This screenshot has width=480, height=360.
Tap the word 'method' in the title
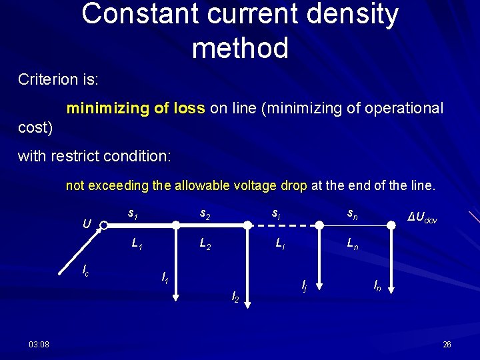click(240, 48)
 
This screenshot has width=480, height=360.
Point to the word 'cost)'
click(35, 126)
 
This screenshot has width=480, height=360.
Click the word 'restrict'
click(81, 157)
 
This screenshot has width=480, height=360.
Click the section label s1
click(133, 214)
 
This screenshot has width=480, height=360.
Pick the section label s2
click(205, 214)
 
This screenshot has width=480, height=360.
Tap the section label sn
click(352, 214)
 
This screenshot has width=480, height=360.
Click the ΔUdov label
click(423, 218)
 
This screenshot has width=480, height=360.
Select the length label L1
click(137, 245)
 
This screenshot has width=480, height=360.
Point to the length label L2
click(205, 245)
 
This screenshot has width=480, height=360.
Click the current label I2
click(235, 296)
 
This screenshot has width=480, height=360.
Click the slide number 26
click(447, 344)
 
